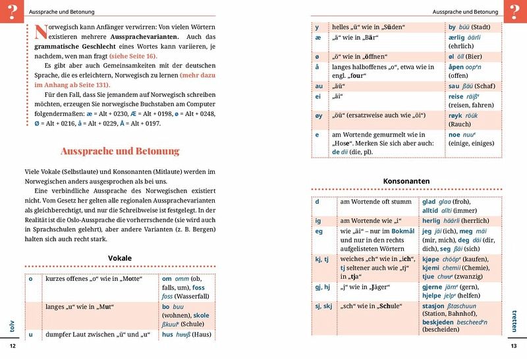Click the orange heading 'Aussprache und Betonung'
pos(110,151)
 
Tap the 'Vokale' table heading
pos(120,258)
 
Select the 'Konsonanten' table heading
pos(406,181)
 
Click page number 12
pos(11,346)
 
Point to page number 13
pos(514,346)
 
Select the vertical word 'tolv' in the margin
pos(11,317)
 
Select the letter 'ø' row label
pos(318,55)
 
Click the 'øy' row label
pos(319,116)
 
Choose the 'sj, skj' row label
pos(323,307)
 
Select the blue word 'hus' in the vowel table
pos(167,335)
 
